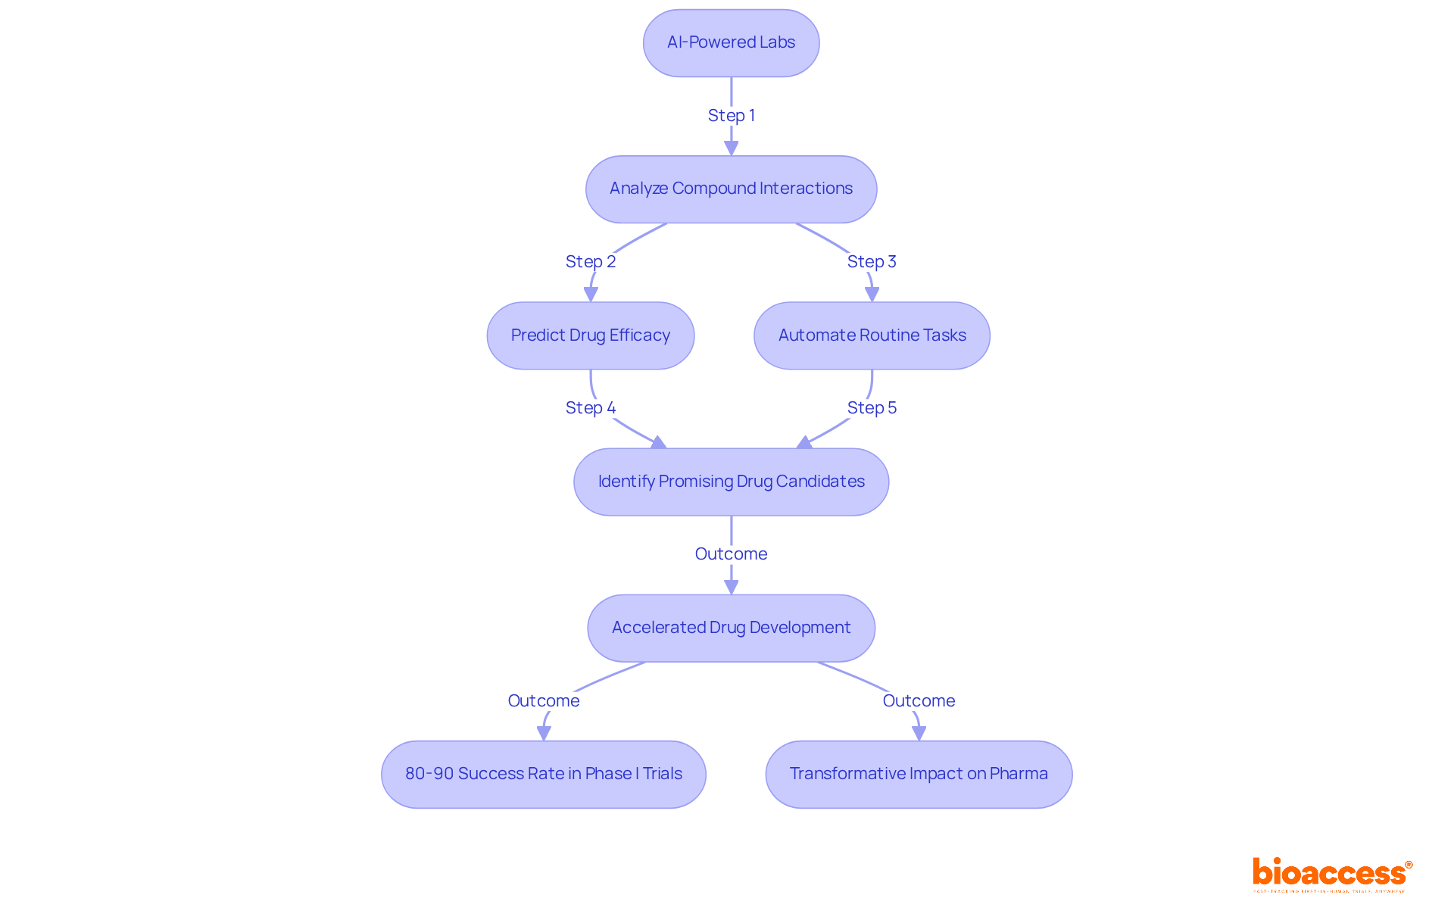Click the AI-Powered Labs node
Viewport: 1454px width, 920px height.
731,42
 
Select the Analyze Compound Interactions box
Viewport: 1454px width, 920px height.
731,189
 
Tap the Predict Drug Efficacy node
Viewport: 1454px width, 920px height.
590,335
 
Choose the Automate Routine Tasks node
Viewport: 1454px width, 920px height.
872,335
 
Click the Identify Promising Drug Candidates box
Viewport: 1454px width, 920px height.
731,482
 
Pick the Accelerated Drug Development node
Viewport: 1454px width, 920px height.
731,628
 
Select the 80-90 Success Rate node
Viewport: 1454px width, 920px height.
543,774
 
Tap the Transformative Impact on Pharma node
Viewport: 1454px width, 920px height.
919,774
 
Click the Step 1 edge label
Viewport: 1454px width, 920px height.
731,115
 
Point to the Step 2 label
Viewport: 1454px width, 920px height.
590,261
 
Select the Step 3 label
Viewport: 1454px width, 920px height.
872,261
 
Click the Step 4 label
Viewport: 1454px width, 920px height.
590,407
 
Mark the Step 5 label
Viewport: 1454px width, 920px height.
872,407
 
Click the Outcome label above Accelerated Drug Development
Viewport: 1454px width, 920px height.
731,554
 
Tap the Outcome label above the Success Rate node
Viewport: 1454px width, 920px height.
543,700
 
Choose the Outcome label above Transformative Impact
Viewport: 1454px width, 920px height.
919,700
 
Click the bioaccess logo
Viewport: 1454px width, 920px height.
1331,874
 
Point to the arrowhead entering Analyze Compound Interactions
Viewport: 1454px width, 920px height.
731,148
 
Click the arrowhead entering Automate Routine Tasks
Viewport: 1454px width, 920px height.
872,295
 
